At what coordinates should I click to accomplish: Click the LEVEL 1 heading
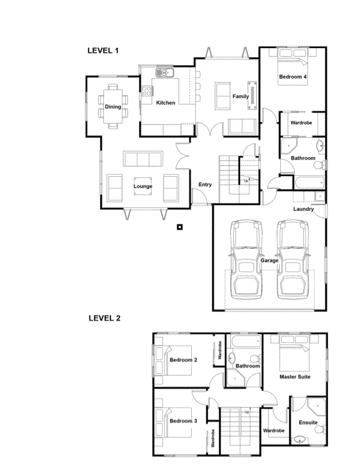(103, 51)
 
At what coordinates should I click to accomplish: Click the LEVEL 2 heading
(104, 318)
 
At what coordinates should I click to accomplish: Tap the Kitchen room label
(165, 103)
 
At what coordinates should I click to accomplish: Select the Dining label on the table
(113, 106)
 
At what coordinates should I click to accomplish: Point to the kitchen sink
(165, 72)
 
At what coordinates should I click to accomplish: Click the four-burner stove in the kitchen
(146, 91)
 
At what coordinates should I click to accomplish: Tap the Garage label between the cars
(269, 261)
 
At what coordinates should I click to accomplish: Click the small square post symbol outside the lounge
(180, 227)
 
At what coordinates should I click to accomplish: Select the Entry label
(205, 185)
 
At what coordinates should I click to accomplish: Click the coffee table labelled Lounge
(143, 187)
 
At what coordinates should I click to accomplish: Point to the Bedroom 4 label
(293, 77)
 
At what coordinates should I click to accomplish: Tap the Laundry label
(304, 209)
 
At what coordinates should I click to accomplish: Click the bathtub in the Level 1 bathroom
(309, 182)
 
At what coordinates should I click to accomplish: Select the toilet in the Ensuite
(320, 429)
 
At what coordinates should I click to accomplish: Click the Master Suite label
(295, 377)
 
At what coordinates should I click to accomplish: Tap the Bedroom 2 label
(183, 360)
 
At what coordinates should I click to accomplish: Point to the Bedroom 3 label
(183, 421)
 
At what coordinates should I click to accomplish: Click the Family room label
(241, 96)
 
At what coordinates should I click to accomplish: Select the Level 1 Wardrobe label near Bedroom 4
(301, 122)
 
